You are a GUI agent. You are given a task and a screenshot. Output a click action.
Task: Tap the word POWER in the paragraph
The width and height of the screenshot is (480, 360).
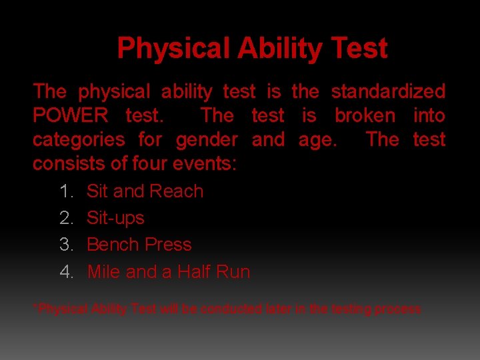click(71, 115)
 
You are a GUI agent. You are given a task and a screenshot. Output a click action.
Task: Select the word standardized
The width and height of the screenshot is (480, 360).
click(388, 91)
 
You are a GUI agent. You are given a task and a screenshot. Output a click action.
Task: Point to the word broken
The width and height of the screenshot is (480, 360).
click(365, 115)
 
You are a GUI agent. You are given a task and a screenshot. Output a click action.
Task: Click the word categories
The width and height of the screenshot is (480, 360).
click(79, 139)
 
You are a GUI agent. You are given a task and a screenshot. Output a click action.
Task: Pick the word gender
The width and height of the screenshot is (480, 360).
click(207, 139)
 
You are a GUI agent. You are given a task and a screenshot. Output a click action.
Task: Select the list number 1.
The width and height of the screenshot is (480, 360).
click(66, 191)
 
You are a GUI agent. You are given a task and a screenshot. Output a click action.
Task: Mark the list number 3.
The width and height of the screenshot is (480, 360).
click(66, 245)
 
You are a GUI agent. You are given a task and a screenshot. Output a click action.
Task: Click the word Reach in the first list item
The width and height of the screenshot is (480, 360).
click(175, 191)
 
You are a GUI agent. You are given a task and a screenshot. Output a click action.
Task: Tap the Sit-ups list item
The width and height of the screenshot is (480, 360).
click(115, 218)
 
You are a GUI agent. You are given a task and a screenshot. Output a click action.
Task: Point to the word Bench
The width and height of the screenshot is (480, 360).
click(111, 245)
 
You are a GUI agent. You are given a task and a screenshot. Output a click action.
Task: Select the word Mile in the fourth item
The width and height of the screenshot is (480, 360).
click(103, 272)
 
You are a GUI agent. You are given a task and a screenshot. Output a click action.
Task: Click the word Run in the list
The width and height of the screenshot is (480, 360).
click(234, 272)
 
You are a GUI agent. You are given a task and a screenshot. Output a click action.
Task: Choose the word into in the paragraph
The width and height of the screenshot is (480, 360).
click(429, 115)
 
